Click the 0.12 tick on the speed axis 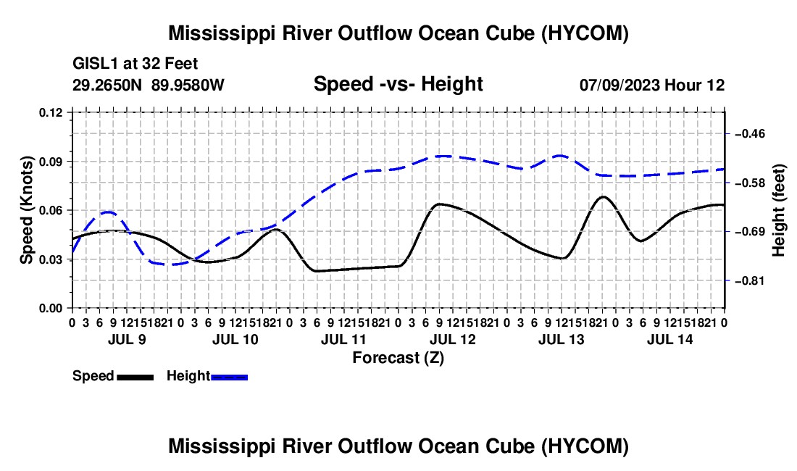[x=51, y=113]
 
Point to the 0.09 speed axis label [x=51, y=162]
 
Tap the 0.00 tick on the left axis [x=51, y=309]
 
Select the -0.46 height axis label [x=750, y=134]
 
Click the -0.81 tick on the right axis [x=750, y=281]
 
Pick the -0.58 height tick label [x=750, y=183]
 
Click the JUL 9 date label [x=127, y=339]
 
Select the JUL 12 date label [x=452, y=339]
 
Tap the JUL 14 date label [x=670, y=339]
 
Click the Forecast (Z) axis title [x=398, y=358]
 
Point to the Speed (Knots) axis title [x=26, y=210]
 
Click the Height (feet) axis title [x=779, y=210]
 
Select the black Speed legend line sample [x=135, y=378]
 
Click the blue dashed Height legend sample [x=229, y=378]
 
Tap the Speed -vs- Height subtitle [x=398, y=84]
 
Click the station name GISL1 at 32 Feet [x=135, y=64]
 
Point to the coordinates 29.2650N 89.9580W [x=149, y=85]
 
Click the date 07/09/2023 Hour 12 [x=652, y=85]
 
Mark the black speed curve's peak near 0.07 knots [x=603, y=196]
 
